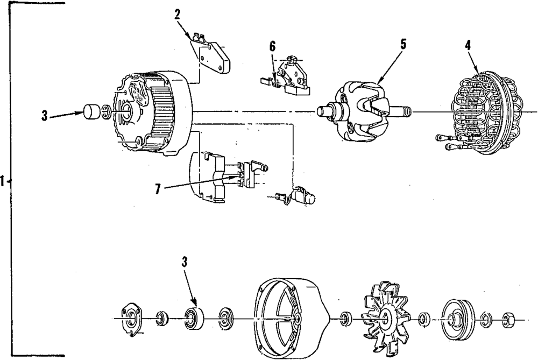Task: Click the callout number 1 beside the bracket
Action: [3, 182]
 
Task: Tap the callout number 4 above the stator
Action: [468, 46]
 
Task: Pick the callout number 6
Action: [272, 47]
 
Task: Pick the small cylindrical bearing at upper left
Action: [91, 113]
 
